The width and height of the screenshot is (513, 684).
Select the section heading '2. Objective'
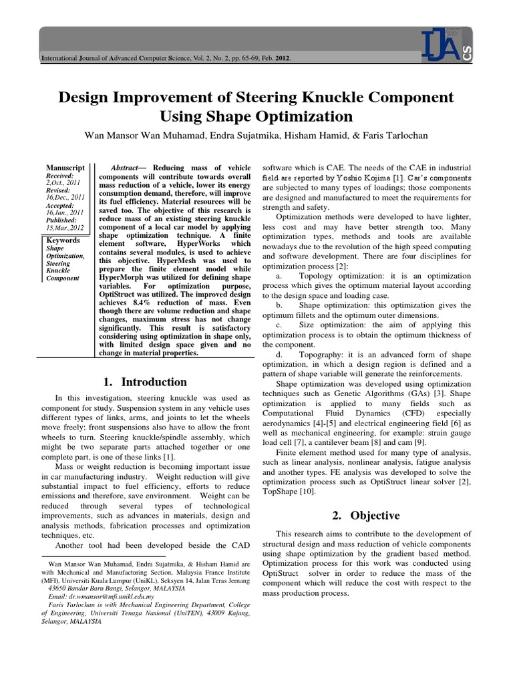coord(366,515)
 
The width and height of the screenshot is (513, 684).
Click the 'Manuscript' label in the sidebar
coord(64,167)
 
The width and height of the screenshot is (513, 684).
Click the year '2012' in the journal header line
coord(280,59)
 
